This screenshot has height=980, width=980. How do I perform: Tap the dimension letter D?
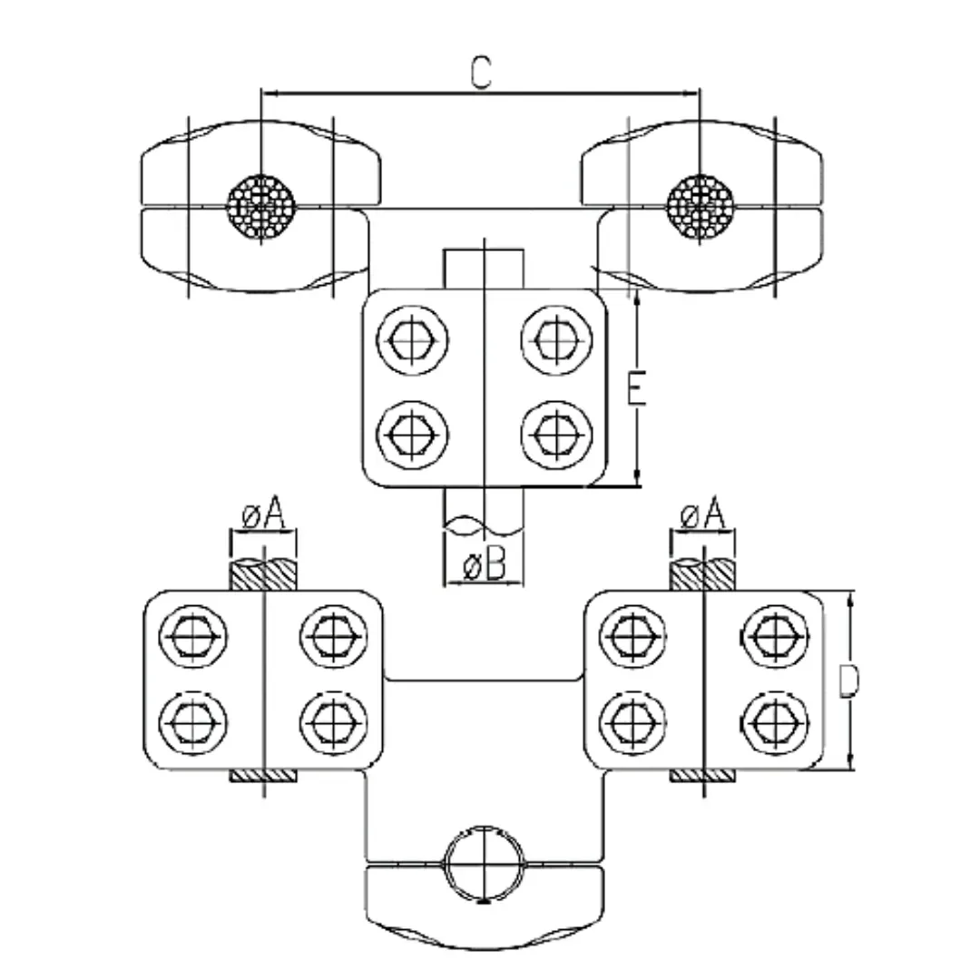pyautogui.click(x=848, y=682)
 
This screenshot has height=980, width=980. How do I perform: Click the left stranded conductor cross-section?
pyautogui.click(x=262, y=206)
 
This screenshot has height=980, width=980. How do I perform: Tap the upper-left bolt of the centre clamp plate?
pyautogui.click(x=416, y=341)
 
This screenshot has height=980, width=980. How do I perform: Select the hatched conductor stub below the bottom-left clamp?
pyautogui.click(x=263, y=777)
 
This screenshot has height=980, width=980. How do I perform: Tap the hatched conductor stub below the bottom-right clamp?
pyautogui.click(x=701, y=777)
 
